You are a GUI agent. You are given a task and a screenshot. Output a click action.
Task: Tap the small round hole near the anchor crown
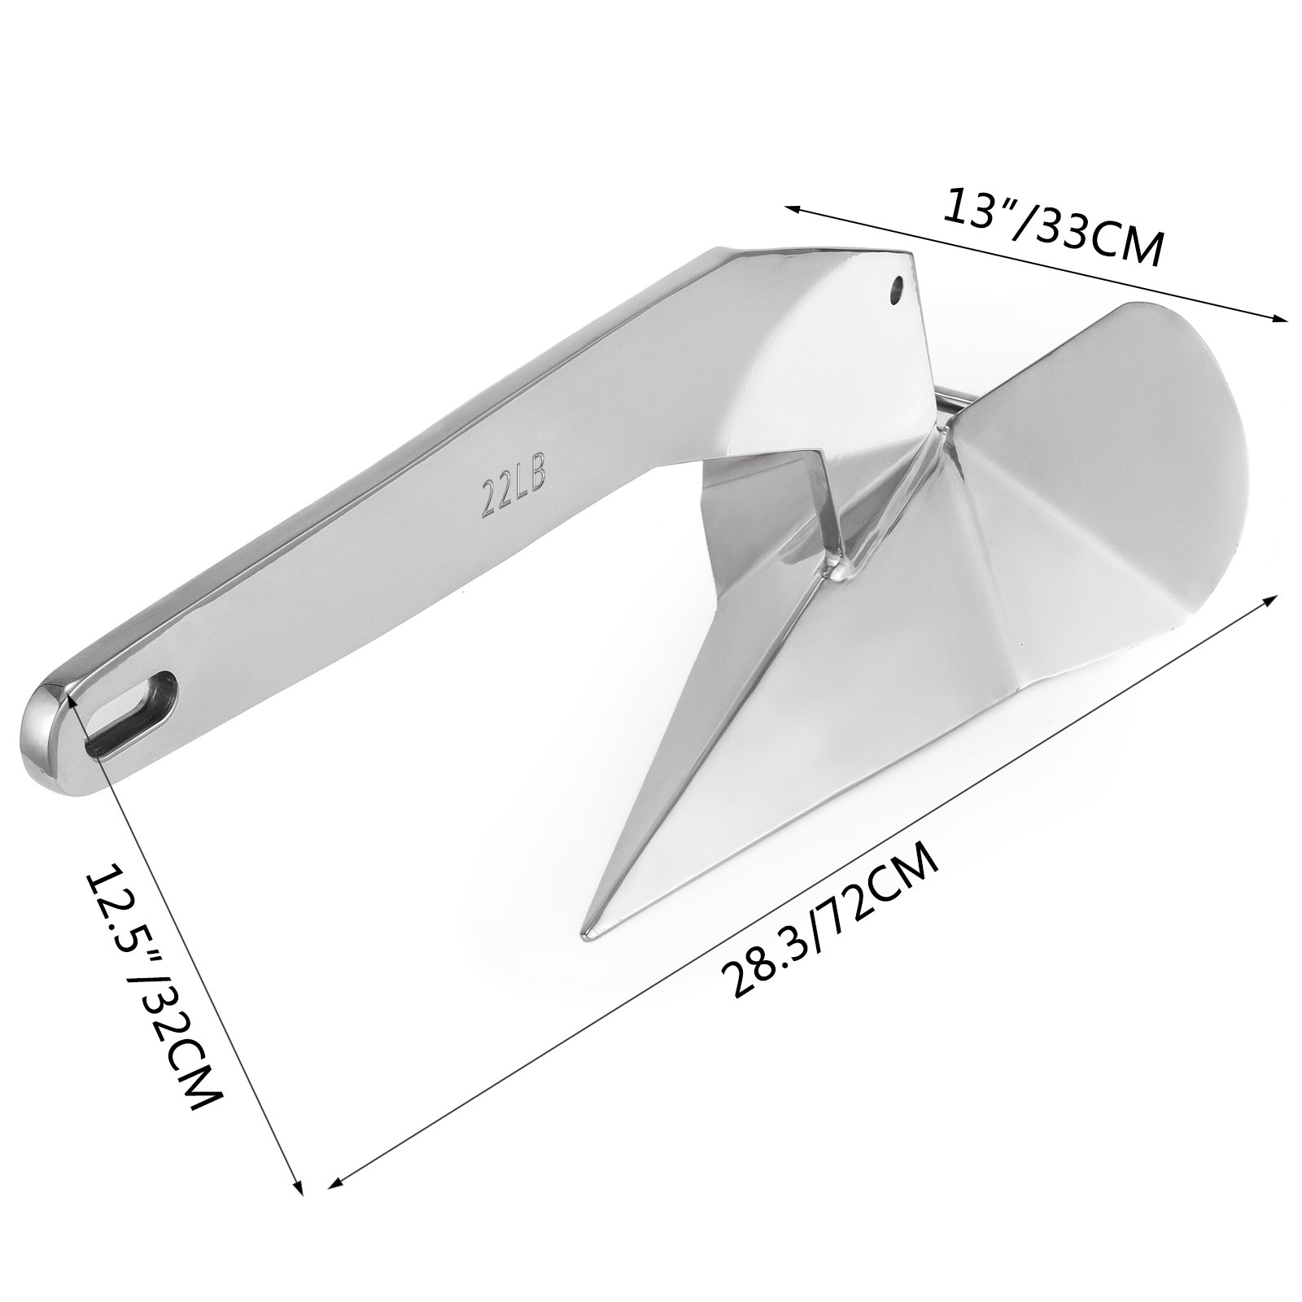897,287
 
